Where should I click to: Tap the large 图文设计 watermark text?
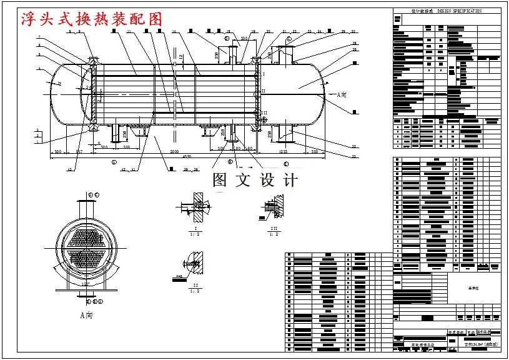255,180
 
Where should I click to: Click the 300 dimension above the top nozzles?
244,39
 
